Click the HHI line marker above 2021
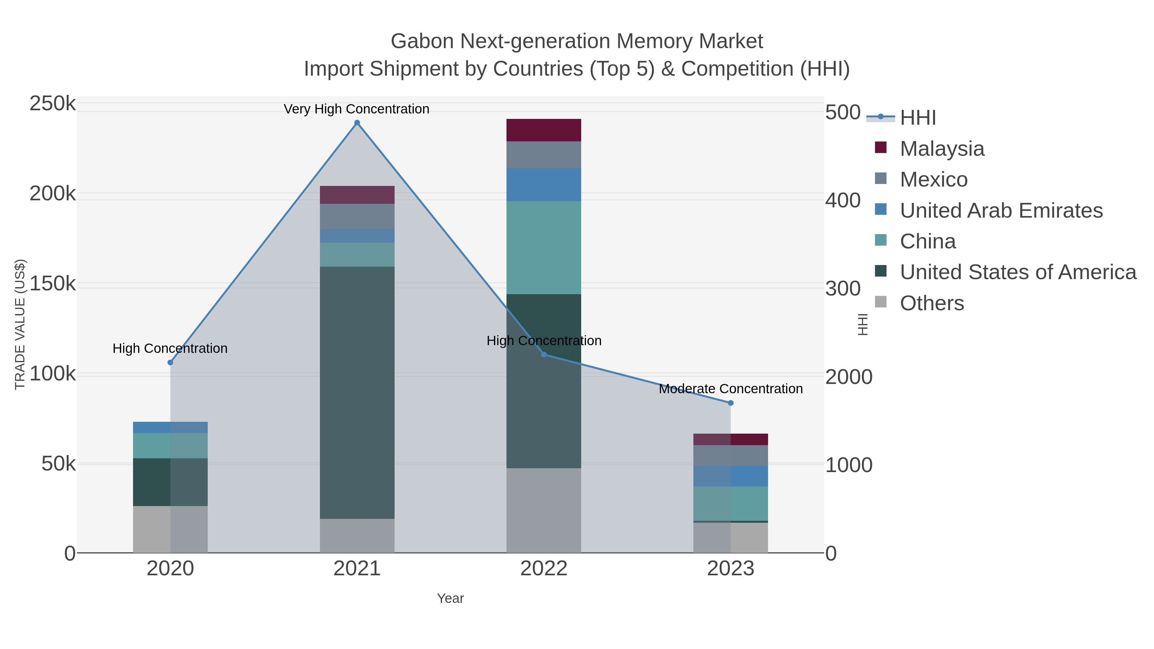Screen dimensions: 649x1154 tap(357, 123)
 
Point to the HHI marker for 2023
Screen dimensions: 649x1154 tap(731, 403)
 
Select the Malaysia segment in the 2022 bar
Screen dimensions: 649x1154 tap(543, 130)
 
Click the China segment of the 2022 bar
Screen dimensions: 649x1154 tap(543, 248)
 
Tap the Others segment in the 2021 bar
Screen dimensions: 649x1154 tap(357, 536)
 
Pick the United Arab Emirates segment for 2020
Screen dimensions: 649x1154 tap(170, 427)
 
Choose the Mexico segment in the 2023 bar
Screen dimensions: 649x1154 tap(731, 455)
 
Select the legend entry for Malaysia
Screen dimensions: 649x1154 tap(942, 149)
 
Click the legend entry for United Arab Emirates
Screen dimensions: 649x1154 tap(1001, 211)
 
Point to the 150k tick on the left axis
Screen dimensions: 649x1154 tap(53, 284)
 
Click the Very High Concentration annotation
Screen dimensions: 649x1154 tap(356, 109)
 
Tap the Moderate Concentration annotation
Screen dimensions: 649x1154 tap(731, 389)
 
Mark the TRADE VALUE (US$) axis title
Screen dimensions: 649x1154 tap(20, 324)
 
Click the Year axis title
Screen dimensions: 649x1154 tap(450, 598)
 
